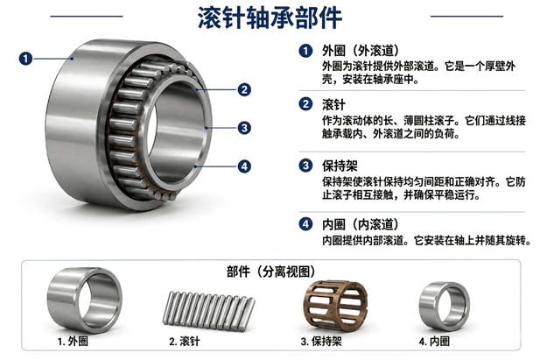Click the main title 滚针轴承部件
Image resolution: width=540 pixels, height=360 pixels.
coord(270,18)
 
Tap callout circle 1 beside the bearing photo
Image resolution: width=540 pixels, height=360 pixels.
coord(25,59)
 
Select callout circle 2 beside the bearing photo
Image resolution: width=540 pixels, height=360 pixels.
coord(244,90)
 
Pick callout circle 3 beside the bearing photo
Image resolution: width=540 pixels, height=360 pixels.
coord(244,128)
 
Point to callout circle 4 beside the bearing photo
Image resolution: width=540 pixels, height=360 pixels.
coord(244,166)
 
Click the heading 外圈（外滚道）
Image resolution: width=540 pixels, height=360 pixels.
coord(361,51)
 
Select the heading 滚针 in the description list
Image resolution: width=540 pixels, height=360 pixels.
coord(333,104)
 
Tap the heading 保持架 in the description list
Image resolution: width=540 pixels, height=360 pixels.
coord(340,166)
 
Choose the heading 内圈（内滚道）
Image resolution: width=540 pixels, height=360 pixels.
coord(361,224)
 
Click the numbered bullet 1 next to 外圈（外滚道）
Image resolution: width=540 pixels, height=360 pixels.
coord(305,51)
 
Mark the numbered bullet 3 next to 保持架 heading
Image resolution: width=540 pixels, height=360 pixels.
coord(305,166)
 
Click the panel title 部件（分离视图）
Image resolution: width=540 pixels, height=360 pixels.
coord(270,272)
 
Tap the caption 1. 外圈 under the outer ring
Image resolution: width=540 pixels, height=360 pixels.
coord(73,342)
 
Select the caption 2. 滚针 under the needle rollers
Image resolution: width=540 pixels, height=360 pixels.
coord(185,342)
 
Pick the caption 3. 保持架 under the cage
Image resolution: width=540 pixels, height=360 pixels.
coord(321,342)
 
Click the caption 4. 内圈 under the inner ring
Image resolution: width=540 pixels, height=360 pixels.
coord(434,342)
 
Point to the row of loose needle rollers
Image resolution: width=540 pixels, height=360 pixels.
coord(208,311)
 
